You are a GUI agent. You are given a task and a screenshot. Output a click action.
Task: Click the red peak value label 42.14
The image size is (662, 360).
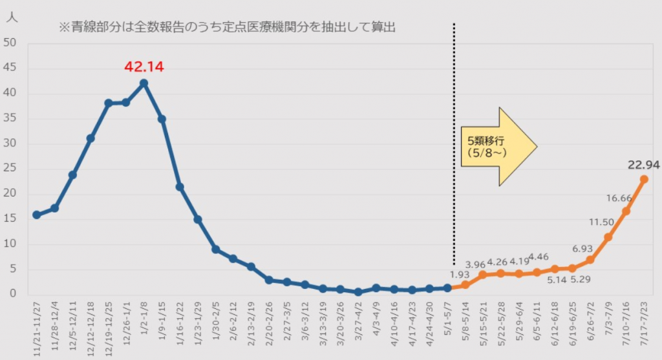click(x=144, y=66)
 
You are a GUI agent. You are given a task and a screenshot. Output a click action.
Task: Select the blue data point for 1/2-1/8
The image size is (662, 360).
click(x=144, y=83)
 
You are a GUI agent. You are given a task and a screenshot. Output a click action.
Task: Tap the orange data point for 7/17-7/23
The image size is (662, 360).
click(x=644, y=179)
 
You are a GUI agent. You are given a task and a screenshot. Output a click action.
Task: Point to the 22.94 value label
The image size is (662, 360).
click(x=644, y=165)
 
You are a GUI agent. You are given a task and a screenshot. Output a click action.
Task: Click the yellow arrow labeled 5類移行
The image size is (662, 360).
click(x=498, y=147)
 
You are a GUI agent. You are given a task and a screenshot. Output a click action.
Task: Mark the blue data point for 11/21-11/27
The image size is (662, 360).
click(x=36, y=215)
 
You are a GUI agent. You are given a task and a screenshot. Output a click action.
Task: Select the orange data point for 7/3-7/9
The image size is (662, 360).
click(x=608, y=237)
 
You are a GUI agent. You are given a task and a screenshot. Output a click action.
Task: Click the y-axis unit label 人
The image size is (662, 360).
click(x=12, y=18)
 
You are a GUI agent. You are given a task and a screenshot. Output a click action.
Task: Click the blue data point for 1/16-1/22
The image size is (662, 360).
click(x=180, y=187)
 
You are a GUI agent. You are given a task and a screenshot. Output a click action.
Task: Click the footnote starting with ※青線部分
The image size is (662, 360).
click(x=226, y=27)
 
